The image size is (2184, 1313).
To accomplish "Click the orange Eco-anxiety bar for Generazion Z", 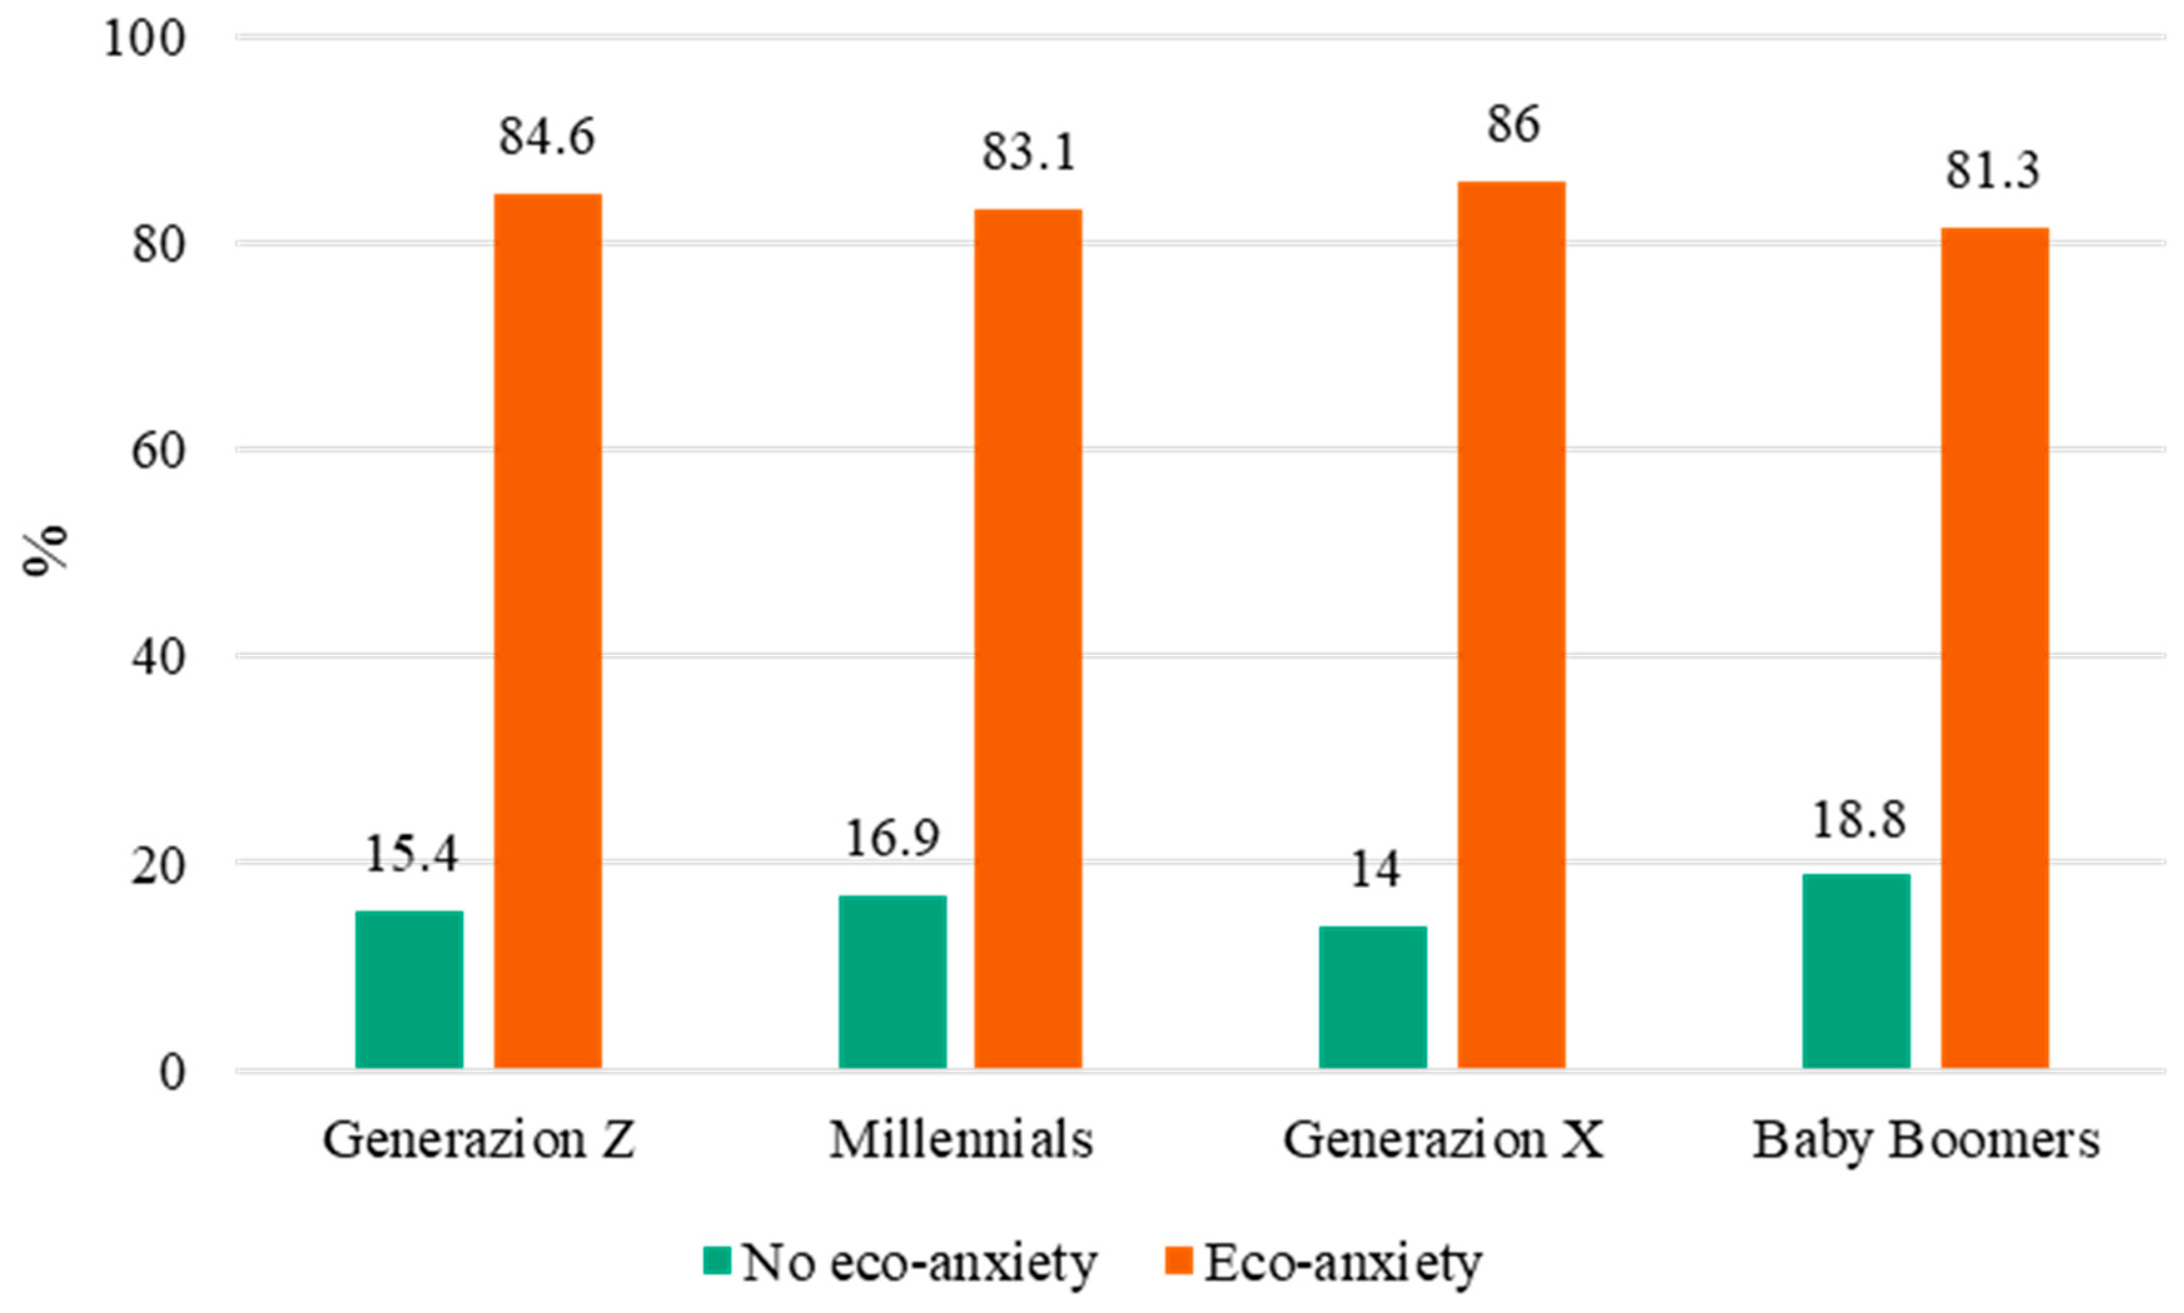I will [x=547, y=630].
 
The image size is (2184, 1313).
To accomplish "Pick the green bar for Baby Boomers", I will [x=1855, y=971].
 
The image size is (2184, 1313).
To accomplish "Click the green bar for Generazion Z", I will [x=409, y=989].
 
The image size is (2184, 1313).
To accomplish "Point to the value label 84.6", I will [x=547, y=137].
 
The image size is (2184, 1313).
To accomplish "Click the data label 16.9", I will [x=892, y=839].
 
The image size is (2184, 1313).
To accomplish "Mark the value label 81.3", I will [x=1992, y=171].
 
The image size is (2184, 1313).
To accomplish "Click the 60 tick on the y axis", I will [x=158, y=451].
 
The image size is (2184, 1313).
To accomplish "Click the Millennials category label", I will [x=961, y=1140].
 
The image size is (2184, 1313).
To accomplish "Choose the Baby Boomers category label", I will [x=1926, y=1140].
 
